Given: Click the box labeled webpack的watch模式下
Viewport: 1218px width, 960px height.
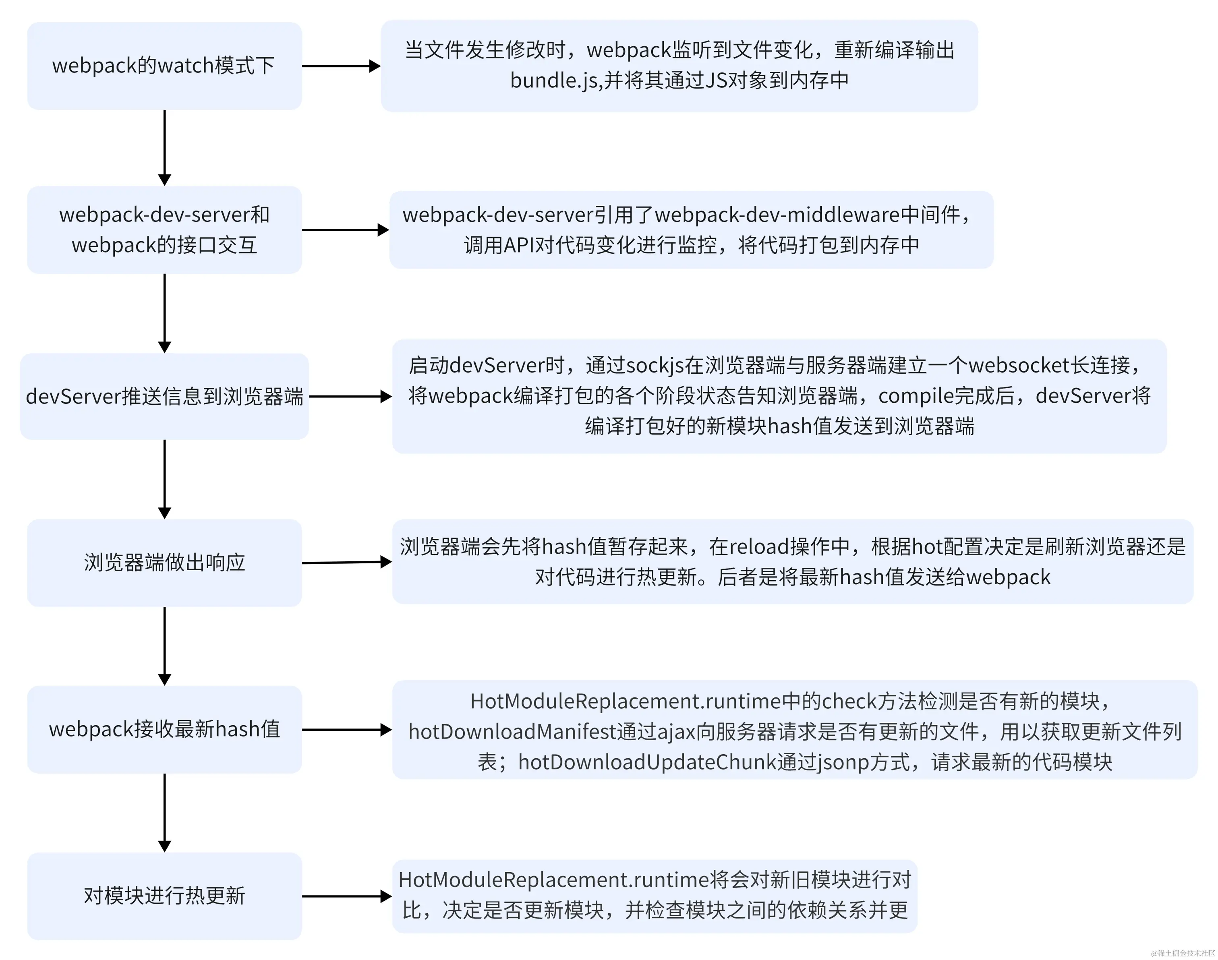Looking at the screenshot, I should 164,66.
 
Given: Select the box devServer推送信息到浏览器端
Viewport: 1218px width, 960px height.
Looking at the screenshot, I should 164,396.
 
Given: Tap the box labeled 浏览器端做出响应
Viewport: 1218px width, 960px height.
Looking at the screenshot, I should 164,563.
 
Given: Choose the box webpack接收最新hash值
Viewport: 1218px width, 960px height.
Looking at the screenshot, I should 164,729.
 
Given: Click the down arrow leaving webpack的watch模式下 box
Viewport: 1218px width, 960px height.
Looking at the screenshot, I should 164,147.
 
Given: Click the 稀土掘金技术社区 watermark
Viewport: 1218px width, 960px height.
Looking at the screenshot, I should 1183,953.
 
